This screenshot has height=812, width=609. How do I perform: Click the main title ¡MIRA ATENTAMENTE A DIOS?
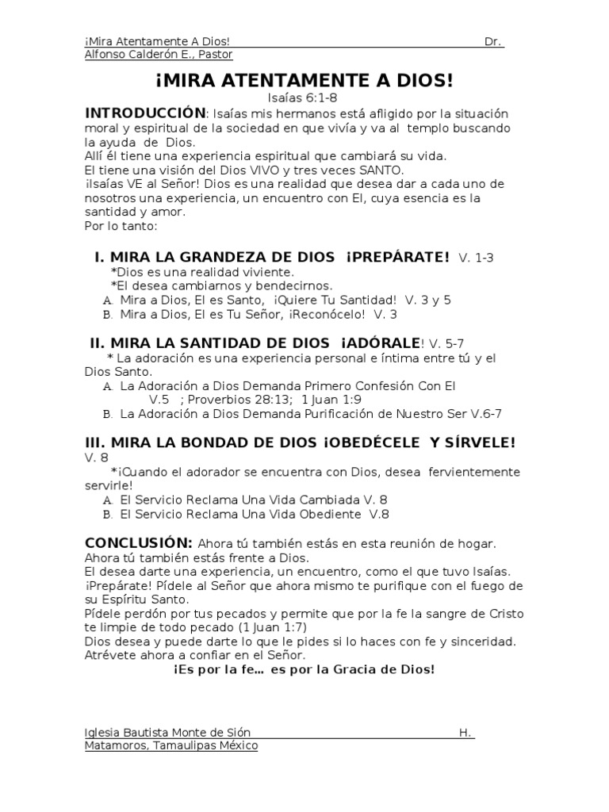pyautogui.click(x=304, y=82)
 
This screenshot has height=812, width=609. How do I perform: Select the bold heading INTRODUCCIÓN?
pyautogui.click(x=145, y=113)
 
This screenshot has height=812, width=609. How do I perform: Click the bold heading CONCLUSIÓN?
pyautogui.click(x=138, y=542)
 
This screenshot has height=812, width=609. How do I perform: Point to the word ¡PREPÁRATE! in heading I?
pyautogui.click(x=397, y=257)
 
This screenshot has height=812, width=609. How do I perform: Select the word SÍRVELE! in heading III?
pyautogui.click(x=473, y=442)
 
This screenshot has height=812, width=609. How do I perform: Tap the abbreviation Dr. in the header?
pyautogui.click(x=493, y=40)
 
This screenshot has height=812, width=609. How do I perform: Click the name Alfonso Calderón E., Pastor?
pyautogui.click(x=158, y=55)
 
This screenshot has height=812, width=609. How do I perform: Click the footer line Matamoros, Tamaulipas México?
pyautogui.click(x=170, y=746)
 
